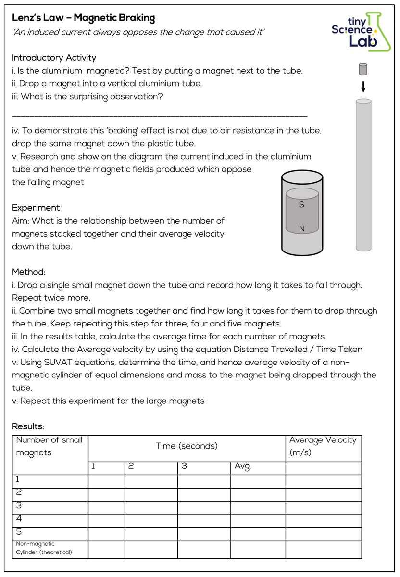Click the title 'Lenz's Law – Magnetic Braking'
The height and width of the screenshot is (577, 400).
83,18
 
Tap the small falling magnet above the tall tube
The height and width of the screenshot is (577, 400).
363,70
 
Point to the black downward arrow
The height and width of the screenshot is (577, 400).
363,87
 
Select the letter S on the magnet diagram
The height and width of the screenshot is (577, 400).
301,204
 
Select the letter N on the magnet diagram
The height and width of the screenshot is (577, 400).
301,229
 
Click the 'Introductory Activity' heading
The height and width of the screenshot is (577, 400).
54,58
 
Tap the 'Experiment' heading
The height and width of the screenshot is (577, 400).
36,208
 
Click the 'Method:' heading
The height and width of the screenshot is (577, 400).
29,272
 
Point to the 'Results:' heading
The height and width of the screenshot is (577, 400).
28,426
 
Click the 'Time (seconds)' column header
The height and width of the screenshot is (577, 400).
187,446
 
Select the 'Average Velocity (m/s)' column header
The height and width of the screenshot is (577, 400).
323,446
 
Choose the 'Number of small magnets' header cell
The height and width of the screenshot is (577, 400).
49,446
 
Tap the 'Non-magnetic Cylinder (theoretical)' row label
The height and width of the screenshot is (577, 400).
44,548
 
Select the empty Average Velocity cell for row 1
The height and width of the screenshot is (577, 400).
323,481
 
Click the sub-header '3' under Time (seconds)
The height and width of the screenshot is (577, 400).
184,467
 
